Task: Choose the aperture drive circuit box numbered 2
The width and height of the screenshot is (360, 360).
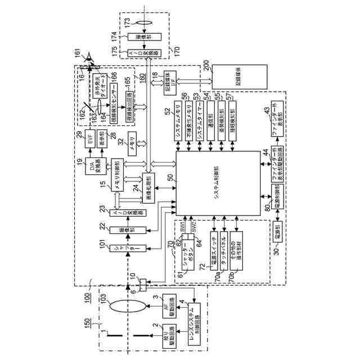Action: (x=169, y=335)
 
